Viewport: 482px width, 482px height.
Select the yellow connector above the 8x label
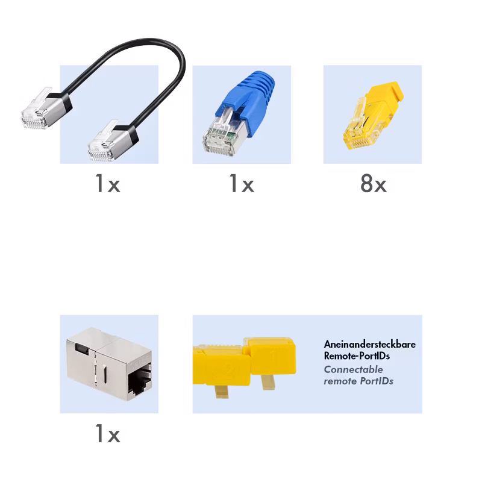(372, 116)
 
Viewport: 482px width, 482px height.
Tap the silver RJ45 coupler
(109, 364)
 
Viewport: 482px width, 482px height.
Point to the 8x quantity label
(373, 183)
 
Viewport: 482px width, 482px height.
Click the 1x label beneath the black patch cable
(108, 183)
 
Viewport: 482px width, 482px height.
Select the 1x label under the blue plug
(242, 183)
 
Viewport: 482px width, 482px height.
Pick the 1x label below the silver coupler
(108, 433)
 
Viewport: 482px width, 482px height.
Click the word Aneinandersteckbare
(370, 344)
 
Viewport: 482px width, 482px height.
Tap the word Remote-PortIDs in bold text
(357, 355)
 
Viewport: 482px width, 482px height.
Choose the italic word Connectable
(354, 369)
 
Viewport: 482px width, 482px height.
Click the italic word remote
(340, 381)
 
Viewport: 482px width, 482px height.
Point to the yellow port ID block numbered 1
(272, 357)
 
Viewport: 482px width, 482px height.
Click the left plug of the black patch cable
(46, 109)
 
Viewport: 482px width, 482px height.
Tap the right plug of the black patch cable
(113, 142)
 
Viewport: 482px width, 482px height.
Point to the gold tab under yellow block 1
(268, 382)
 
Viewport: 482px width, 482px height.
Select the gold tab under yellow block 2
(221, 391)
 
